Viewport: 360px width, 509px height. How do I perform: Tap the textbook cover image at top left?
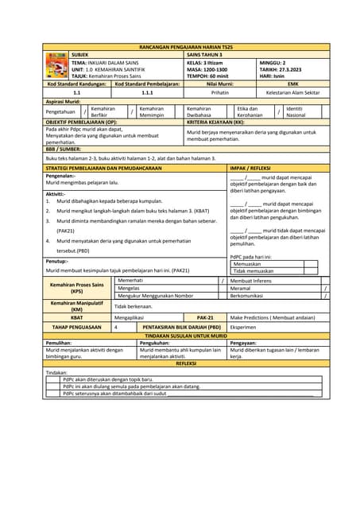pos(56,67)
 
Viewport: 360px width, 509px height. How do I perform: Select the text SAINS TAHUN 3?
pos(205,55)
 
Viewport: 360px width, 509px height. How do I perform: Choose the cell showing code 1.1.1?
pos(147,93)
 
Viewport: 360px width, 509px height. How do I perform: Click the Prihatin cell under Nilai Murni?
pos(220,93)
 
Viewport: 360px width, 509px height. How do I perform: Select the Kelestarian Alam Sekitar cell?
pos(292,93)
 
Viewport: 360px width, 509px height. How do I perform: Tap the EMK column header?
pos(292,83)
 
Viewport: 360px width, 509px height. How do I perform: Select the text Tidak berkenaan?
pos(133,305)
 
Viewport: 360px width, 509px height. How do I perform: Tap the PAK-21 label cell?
pos(205,317)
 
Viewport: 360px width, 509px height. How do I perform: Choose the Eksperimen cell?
pos(243,326)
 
